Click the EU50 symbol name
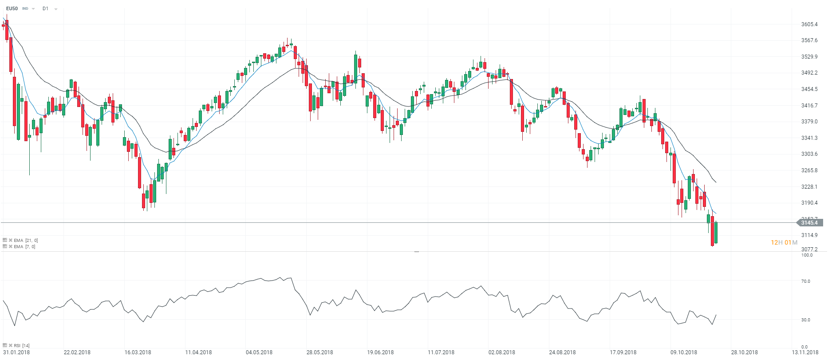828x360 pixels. click(x=12, y=8)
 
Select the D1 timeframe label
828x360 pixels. click(x=45, y=8)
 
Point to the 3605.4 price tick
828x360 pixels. click(x=809, y=24)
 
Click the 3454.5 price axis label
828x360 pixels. click(x=809, y=89)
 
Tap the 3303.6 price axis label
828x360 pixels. click(x=809, y=154)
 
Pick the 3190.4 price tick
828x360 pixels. click(x=809, y=203)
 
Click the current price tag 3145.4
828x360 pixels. click(x=809, y=223)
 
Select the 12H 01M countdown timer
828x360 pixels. click(x=784, y=242)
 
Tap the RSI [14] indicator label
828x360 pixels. click(x=21, y=345)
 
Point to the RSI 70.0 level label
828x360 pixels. click(x=806, y=281)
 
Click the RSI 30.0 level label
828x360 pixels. click(x=806, y=320)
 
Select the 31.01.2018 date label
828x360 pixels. click(x=17, y=352)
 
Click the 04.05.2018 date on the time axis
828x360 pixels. click(x=259, y=352)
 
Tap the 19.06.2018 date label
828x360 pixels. click(x=380, y=352)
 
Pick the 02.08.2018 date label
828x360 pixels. click(x=502, y=352)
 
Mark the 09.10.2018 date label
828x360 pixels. click(x=684, y=352)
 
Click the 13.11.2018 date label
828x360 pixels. click(x=805, y=352)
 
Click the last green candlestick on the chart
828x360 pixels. click(x=716, y=232)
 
